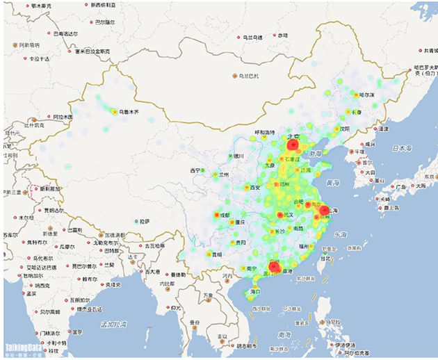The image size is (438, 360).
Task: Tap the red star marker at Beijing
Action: click(293, 145)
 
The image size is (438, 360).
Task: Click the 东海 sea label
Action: click(339, 235)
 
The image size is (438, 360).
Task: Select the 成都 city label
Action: click(224, 215)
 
